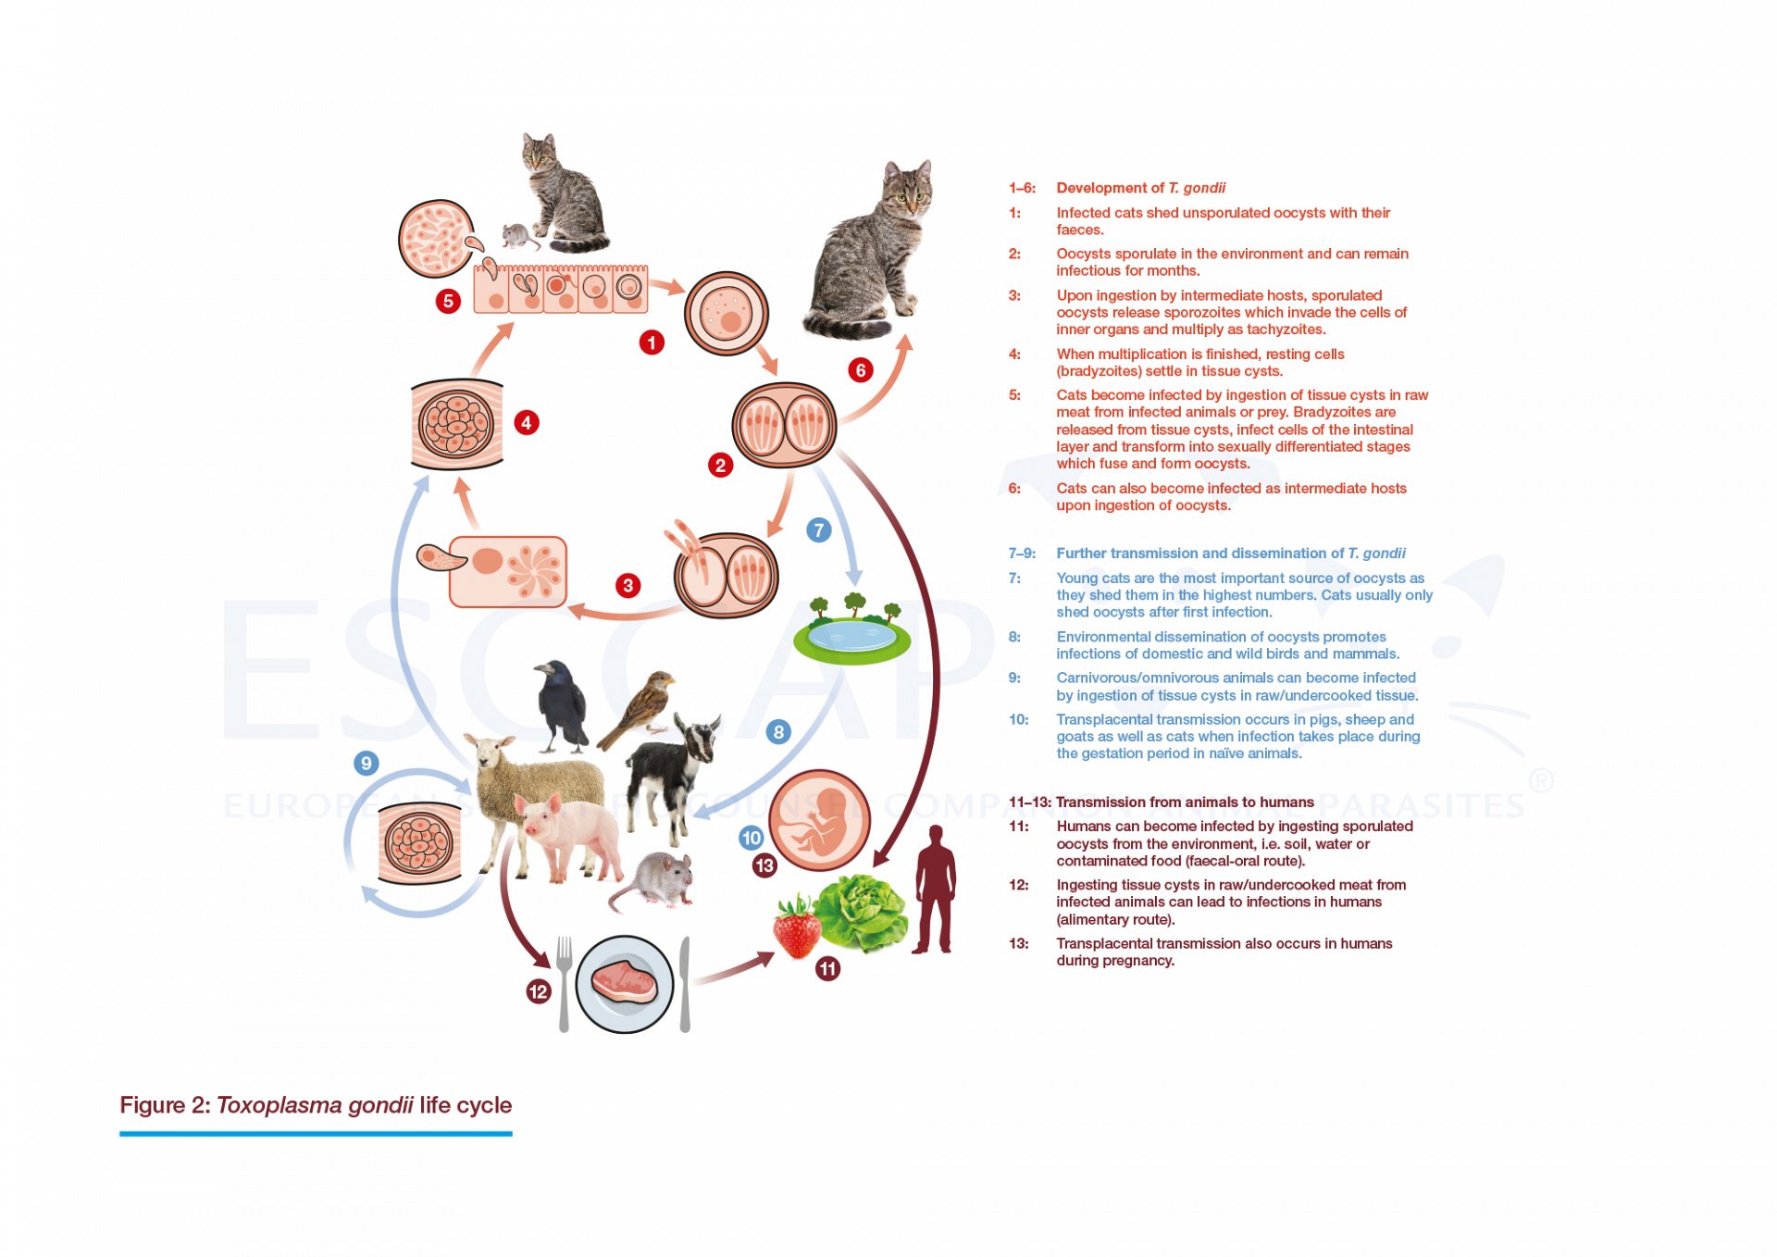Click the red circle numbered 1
[652, 342]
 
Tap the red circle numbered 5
[448, 301]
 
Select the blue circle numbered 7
[818, 530]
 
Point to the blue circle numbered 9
[366, 763]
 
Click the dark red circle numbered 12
[538, 991]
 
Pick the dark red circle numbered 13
[764, 865]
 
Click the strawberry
[796, 927]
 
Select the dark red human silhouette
[935, 889]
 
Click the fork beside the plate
[564, 981]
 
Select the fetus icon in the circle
[818, 820]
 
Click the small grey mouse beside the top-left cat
[520, 236]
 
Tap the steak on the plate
[624, 983]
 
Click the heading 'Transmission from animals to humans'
[1184, 802]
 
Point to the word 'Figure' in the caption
[152, 1105]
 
